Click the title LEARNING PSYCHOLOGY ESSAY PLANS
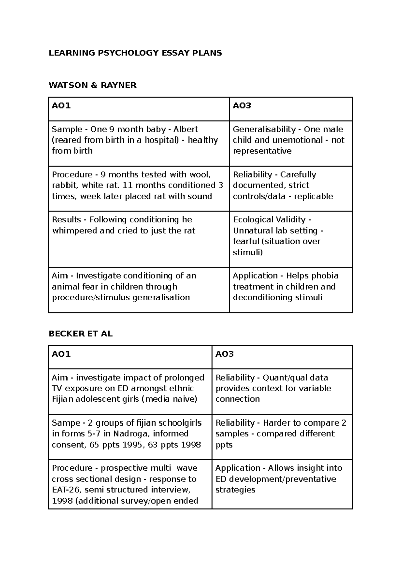tap(135, 53)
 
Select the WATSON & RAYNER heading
tap(93, 85)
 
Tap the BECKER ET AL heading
tap(81, 334)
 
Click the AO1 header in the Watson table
tap(61, 106)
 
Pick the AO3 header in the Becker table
tap(224, 354)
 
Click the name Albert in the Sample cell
tap(186, 129)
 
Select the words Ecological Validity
tap(269, 220)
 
